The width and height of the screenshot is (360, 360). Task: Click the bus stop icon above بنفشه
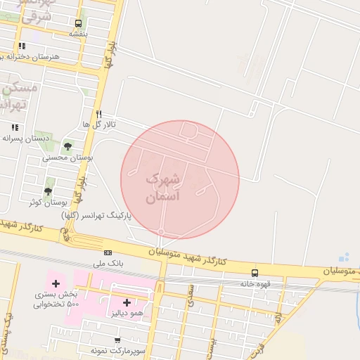77,22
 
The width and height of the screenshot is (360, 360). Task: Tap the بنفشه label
78,33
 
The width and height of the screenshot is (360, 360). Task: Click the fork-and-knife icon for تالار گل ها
99,113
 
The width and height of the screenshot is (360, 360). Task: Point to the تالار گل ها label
98,124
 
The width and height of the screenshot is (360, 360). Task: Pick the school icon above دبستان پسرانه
15,127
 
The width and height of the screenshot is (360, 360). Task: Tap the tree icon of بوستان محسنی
67,147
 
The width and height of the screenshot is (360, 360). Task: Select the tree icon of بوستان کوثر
49,191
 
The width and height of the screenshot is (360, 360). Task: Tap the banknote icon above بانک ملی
108,252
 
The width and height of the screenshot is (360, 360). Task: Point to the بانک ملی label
108,264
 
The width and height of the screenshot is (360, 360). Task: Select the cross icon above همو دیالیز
127,302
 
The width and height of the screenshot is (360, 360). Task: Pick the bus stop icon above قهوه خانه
255,273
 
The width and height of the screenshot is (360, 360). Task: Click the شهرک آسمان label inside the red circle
162,189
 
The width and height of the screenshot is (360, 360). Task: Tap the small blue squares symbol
343,257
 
